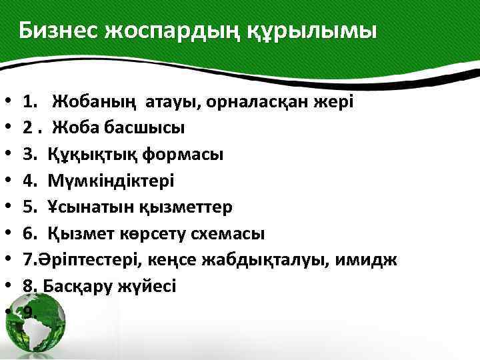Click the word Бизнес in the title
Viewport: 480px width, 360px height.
(x=57, y=31)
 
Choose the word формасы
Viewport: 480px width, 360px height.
(x=180, y=154)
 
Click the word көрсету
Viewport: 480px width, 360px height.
(x=159, y=233)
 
